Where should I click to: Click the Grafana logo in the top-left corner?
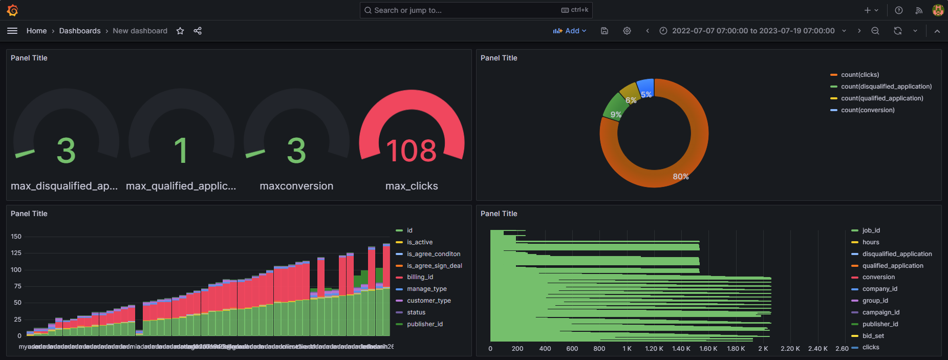pos(12,10)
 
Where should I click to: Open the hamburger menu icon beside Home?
pos(12,31)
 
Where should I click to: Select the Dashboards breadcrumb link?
pos(80,31)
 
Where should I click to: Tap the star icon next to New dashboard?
pos(180,31)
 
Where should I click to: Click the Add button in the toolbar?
pos(570,31)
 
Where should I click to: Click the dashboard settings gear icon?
pos(627,31)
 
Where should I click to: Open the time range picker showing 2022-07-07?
pos(752,31)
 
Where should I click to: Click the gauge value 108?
pos(412,151)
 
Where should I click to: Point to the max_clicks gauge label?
pos(412,186)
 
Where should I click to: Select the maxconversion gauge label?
pos(296,186)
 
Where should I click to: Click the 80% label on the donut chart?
pos(680,177)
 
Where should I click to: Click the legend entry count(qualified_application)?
pos(882,98)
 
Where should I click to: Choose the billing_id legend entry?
pos(420,277)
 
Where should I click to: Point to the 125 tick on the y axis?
pos(16,253)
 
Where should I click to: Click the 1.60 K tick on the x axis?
pos(708,349)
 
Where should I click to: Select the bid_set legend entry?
pos(873,336)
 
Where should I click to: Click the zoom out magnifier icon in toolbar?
pos(875,31)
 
